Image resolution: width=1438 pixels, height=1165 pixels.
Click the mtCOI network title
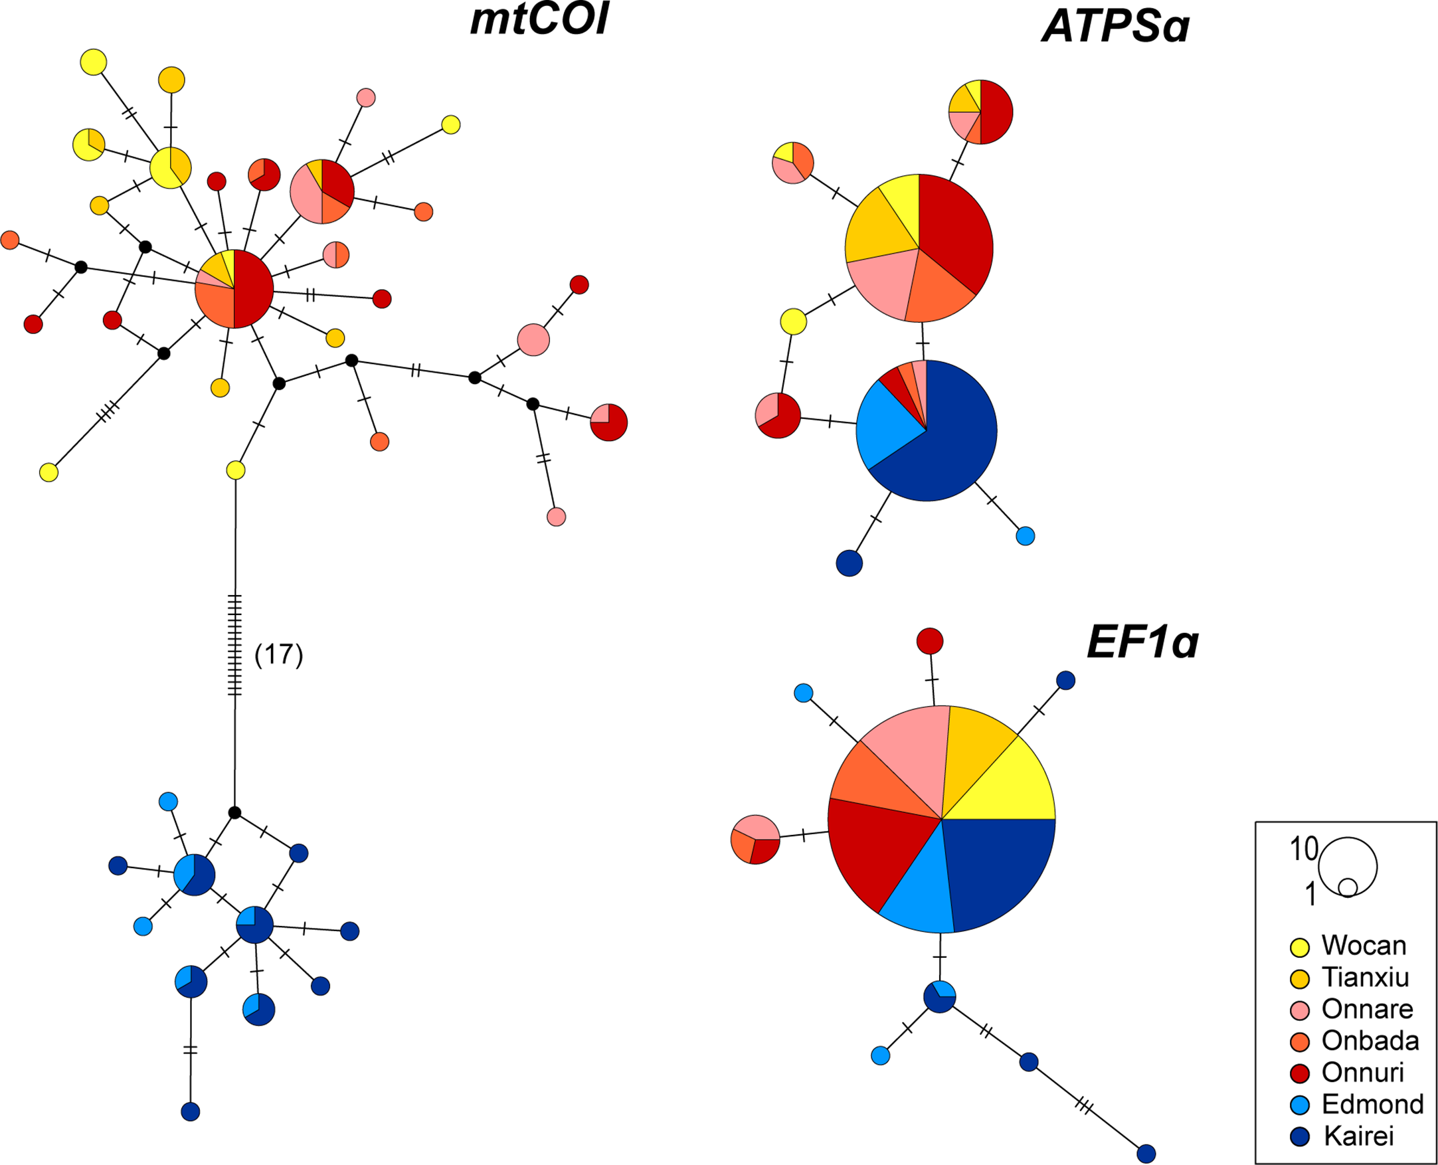coord(539,20)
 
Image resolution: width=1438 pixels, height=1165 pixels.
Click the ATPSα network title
coord(1115,27)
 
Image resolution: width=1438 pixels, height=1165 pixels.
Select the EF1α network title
coord(1142,642)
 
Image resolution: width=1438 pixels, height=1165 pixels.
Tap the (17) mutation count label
coord(278,654)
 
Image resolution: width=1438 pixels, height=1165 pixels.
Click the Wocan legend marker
coord(1301,947)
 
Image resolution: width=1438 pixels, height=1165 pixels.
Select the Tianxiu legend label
coord(1365,977)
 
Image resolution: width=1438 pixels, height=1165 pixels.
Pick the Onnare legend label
coord(1367,1009)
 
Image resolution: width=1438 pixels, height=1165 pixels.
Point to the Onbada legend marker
coord(1301,1041)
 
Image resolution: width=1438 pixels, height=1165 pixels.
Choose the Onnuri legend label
coord(1362,1073)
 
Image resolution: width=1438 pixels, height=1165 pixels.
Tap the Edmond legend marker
coord(1301,1105)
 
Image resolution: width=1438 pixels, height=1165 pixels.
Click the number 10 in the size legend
coord(1304,849)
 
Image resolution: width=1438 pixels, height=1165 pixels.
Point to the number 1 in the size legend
coord(1310,894)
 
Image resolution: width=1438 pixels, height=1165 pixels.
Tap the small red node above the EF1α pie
coord(929,641)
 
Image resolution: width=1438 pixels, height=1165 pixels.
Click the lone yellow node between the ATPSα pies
coord(793,321)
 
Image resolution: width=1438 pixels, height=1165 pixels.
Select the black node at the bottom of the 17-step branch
coord(234,813)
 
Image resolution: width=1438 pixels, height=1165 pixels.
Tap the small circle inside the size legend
coord(1348,887)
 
